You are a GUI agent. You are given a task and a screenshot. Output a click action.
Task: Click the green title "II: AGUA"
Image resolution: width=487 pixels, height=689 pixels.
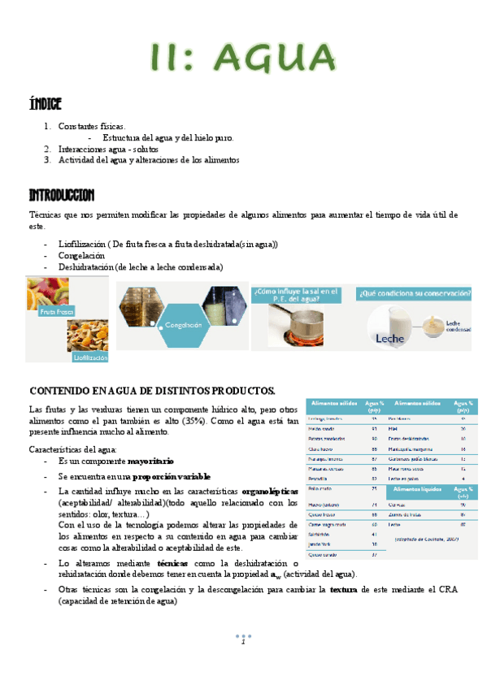[x=244, y=59]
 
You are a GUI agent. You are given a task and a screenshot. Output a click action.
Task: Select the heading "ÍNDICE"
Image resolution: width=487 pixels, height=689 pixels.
[x=46, y=104]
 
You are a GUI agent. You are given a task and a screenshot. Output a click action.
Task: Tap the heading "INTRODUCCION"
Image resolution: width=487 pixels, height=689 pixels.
[x=62, y=196]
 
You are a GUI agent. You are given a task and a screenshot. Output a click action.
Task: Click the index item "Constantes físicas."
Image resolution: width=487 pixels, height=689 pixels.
[x=92, y=127]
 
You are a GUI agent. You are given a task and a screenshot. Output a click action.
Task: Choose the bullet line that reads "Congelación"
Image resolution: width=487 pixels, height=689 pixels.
[x=81, y=255]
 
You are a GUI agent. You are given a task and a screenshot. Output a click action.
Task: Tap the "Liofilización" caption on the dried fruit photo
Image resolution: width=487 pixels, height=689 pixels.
[x=90, y=356]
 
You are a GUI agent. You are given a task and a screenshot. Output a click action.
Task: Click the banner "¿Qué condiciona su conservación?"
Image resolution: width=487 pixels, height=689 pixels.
[x=414, y=292]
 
